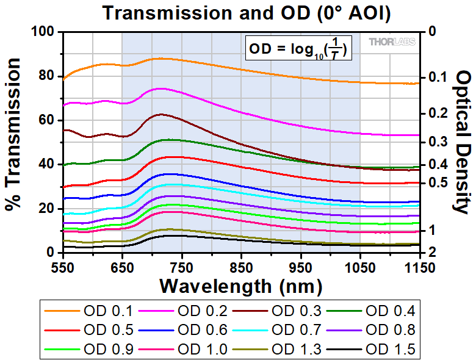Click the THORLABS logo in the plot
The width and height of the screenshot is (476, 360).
(392, 41)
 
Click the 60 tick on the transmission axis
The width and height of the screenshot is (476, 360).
(48, 120)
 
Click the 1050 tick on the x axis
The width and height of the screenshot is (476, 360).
(359, 267)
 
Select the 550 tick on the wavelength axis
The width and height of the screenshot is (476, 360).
(63, 267)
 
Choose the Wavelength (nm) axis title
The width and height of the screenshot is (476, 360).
(240, 285)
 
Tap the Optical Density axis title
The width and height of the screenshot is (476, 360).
(462, 142)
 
